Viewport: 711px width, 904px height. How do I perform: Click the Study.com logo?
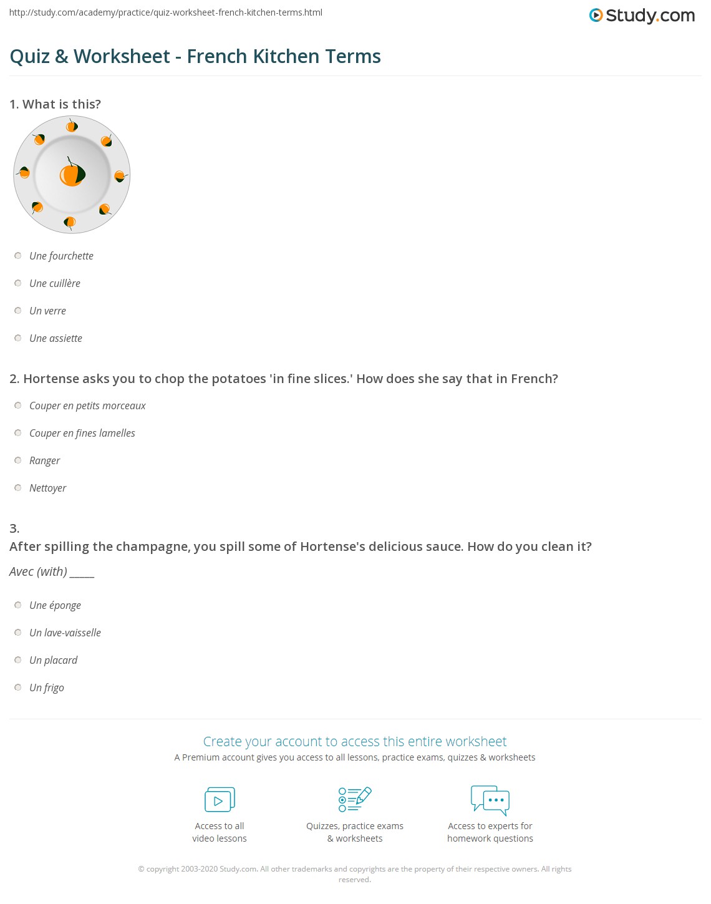(x=642, y=15)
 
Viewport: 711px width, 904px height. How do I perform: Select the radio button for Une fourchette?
(x=18, y=256)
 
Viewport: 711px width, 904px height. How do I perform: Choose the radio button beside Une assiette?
(x=18, y=338)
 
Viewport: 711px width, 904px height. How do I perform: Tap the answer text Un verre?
(x=47, y=311)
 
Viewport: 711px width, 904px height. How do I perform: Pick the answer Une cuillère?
(x=55, y=283)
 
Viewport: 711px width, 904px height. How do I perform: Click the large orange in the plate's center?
(x=72, y=175)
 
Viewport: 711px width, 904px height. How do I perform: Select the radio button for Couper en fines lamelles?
(x=18, y=433)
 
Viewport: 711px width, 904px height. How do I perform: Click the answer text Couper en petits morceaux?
(x=87, y=406)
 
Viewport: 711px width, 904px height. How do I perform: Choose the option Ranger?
(x=45, y=460)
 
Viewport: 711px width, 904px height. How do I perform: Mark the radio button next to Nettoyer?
(x=18, y=488)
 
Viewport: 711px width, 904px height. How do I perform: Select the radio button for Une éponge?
(x=18, y=605)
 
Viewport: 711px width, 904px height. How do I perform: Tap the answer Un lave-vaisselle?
(x=65, y=633)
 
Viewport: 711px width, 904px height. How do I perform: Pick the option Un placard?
(x=53, y=660)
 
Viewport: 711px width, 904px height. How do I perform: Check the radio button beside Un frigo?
(x=18, y=688)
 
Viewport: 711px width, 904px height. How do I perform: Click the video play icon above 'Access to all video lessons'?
(x=220, y=800)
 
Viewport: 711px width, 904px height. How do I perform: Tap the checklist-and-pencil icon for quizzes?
(x=355, y=799)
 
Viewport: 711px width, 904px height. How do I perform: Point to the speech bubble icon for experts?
(x=490, y=800)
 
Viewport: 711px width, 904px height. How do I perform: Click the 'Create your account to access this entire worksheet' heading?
(x=355, y=741)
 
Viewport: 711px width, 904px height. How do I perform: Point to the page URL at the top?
(x=166, y=12)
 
